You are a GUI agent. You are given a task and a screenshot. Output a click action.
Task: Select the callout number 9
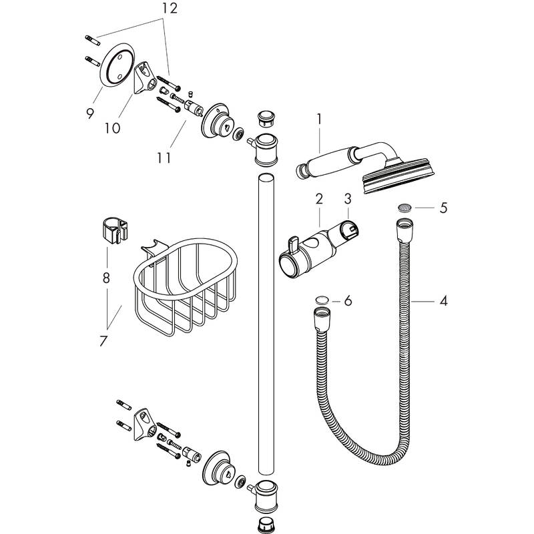[x=90, y=113]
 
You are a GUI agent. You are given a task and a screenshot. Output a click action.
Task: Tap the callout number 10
[x=111, y=127]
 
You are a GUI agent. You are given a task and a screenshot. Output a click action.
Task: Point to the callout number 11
[x=164, y=158]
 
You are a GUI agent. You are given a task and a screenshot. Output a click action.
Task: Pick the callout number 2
[x=319, y=198]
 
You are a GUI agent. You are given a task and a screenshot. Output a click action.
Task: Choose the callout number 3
[x=347, y=198]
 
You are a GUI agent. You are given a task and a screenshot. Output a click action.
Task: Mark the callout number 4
[x=443, y=301]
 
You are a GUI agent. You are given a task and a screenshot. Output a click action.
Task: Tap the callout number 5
[x=443, y=208]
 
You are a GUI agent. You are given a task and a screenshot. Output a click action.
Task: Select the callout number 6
[x=347, y=301]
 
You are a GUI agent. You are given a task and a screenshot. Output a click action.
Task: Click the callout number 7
[x=103, y=341]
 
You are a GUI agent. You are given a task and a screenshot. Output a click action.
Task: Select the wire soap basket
[x=184, y=287]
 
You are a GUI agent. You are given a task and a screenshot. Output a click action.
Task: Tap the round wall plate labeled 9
[x=111, y=67]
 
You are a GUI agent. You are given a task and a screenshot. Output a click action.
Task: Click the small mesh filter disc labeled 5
[x=404, y=208]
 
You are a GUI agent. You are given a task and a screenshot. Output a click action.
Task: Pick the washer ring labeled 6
[x=321, y=300]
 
